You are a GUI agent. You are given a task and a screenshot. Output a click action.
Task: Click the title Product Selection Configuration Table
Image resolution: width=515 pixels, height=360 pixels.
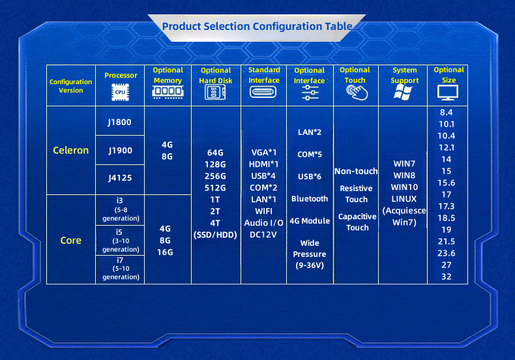click(257, 26)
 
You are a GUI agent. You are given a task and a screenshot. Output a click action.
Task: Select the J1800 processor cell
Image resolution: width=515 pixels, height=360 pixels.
click(119, 122)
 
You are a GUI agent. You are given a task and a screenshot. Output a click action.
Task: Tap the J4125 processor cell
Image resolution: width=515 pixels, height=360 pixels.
click(120, 177)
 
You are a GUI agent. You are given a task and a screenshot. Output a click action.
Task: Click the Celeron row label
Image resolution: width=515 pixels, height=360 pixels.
click(71, 150)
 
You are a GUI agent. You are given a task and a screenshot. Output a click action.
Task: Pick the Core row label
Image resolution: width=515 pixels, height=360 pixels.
click(71, 241)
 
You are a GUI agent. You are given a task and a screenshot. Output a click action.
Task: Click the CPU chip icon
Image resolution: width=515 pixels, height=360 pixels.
click(120, 92)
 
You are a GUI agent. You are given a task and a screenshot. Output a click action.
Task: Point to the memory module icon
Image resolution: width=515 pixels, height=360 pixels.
click(168, 92)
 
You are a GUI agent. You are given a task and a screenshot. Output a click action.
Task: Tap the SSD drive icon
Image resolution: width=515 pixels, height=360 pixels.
click(215, 92)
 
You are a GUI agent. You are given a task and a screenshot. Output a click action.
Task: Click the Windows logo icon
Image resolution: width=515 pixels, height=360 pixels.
click(403, 92)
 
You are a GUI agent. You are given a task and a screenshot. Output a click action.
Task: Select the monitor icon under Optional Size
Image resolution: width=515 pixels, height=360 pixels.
click(448, 93)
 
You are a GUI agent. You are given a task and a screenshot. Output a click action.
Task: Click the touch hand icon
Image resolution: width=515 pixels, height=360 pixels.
click(357, 93)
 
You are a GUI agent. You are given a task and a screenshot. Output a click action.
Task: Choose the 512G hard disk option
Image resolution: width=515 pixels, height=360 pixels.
click(215, 188)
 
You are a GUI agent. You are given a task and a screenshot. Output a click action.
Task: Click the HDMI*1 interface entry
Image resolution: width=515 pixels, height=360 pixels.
click(264, 164)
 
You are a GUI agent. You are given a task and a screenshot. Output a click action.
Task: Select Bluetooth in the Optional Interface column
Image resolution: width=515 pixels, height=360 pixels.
click(310, 199)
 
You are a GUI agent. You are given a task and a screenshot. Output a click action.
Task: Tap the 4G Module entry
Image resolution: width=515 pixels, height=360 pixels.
click(310, 221)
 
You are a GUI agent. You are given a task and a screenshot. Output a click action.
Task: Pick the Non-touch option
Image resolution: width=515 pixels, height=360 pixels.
click(356, 171)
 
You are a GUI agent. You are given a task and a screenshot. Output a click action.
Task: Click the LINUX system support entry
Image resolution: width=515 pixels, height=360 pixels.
click(404, 199)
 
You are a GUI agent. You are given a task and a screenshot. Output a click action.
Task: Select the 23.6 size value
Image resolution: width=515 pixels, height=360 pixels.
click(447, 253)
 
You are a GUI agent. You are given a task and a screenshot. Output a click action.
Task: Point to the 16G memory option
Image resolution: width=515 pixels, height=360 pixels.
click(165, 252)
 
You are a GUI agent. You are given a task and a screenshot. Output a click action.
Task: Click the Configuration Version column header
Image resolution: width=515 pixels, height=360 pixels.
click(70, 86)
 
